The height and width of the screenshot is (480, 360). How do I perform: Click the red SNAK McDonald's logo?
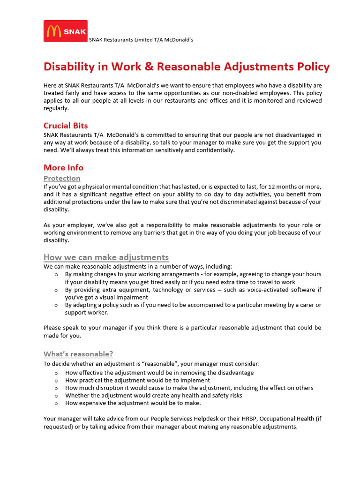coord(66,31)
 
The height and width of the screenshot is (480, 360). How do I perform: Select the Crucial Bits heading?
coord(66,126)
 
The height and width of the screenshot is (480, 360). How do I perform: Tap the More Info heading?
coord(63,167)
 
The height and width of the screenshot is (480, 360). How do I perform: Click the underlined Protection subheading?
coord(62,178)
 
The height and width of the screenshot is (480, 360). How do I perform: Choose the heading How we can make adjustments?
coord(106,257)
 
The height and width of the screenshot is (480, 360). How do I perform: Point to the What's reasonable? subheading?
coord(78,354)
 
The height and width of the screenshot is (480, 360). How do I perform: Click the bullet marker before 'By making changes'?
coord(56,274)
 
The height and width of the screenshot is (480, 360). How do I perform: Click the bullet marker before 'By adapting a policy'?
coord(56,305)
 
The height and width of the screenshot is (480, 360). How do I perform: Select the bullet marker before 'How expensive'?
coord(56,403)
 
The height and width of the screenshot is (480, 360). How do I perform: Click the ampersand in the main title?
coord(149,67)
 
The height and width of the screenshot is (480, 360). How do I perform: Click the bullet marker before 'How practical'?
coord(56,381)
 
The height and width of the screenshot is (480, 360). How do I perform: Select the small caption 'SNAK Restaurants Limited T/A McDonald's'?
coord(141,40)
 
